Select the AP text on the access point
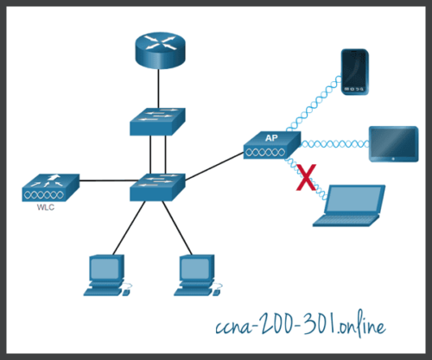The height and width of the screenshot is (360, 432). click(270, 136)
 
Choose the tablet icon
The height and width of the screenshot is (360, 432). click(393, 143)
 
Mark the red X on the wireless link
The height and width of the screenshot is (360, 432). click(304, 179)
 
